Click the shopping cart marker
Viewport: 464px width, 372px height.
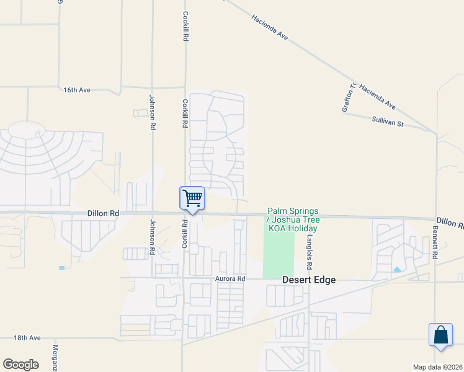(x=192, y=199)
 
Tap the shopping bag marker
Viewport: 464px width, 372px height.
(x=440, y=335)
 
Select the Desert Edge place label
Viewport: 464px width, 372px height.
(x=309, y=280)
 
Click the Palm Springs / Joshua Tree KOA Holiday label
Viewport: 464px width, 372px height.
(x=292, y=220)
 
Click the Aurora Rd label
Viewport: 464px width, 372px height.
(x=230, y=279)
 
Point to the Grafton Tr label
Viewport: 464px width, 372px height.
(x=349, y=98)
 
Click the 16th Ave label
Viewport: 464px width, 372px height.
(x=77, y=90)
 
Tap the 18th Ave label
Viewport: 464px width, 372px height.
(x=27, y=338)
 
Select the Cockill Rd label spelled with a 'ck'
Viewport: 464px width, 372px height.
(x=185, y=27)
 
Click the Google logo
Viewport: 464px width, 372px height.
(x=20, y=365)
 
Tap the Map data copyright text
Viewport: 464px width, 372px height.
(x=438, y=367)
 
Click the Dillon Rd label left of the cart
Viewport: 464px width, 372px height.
(x=104, y=213)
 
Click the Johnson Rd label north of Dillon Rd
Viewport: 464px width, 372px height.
(x=151, y=112)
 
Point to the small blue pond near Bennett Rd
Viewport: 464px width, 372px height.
(x=397, y=270)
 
